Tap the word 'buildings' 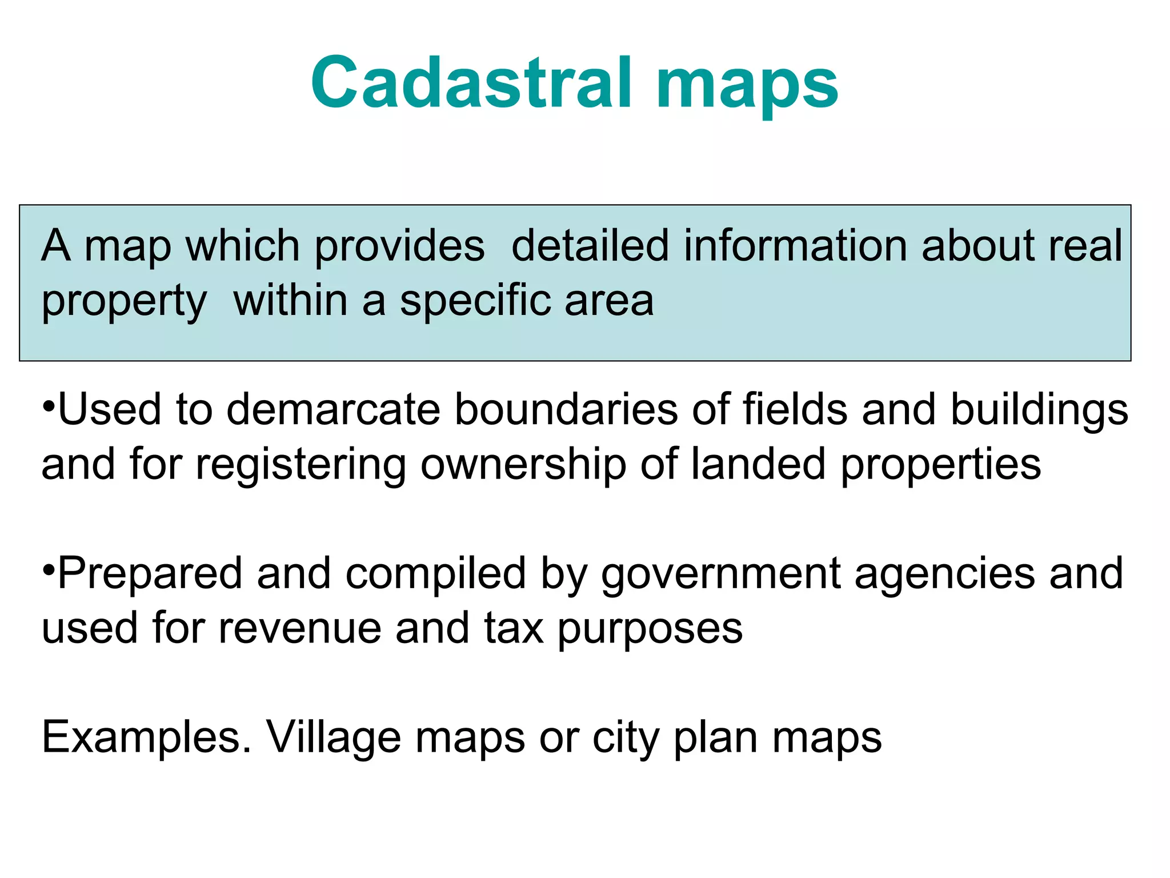click(1039, 410)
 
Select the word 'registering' click(300, 465)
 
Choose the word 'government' click(720, 574)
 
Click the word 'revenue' click(299, 628)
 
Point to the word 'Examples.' click(146, 738)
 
